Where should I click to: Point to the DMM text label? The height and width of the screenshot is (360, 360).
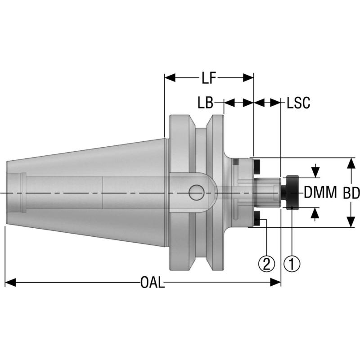(320, 193)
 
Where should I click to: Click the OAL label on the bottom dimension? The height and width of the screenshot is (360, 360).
(153, 283)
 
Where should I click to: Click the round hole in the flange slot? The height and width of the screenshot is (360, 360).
(196, 193)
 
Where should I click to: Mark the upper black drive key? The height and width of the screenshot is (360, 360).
(257, 167)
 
